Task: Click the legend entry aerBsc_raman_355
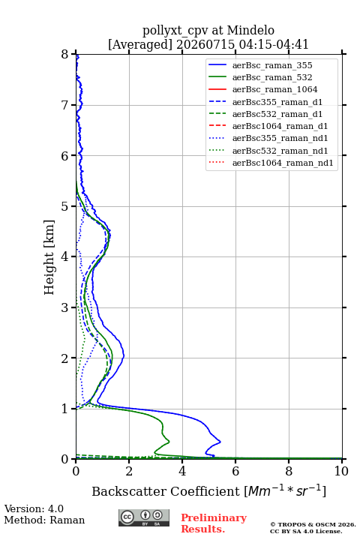tap(272, 65)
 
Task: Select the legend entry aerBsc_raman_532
tap(272, 77)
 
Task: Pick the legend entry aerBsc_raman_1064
tap(275, 89)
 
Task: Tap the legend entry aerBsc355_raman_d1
tap(277, 102)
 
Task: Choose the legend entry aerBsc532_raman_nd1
tap(280, 151)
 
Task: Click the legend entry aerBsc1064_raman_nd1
tap(283, 163)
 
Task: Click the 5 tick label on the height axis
tap(65, 207)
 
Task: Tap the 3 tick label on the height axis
tap(65, 307)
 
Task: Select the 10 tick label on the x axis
tap(341, 471)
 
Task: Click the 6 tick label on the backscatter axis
tap(235, 471)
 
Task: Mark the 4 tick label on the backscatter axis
tap(182, 471)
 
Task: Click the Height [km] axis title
tap(49, 257)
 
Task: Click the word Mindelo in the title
tap(250, 30)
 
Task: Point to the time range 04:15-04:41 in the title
tap(271, 44)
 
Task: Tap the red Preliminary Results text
tap(214, 523)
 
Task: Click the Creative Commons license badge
tap(144, 517)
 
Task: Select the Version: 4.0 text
tap(34, 508)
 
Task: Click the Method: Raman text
tap(44, 520)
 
